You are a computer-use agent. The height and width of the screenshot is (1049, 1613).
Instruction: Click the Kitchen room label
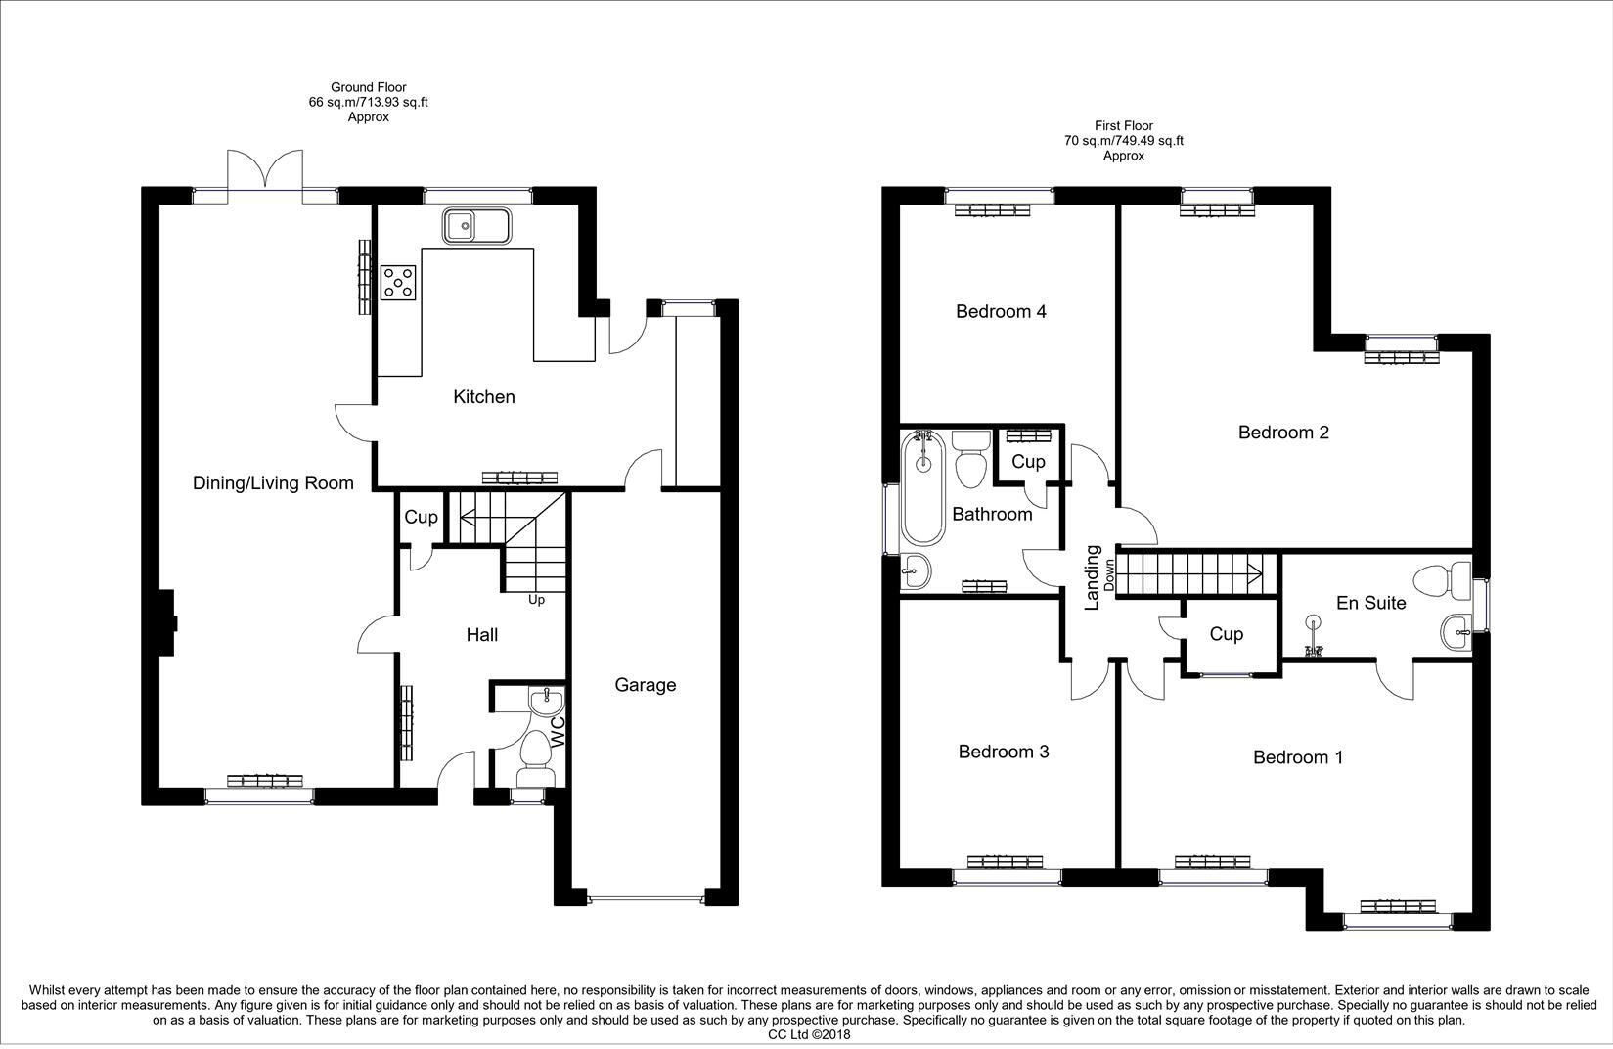click(483, 397)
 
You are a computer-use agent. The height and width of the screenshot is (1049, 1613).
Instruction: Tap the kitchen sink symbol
click(476, 227)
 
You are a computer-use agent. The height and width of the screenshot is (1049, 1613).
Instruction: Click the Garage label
click(645, 685)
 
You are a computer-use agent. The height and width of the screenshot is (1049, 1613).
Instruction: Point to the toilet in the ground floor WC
click(535, 759)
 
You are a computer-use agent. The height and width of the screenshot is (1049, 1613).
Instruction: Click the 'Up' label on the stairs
click(536, 599)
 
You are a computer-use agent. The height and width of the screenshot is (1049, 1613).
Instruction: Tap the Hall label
click(481, 635)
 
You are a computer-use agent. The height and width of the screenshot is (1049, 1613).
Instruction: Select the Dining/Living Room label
click(273, 483)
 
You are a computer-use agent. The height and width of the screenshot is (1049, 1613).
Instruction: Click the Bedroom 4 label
click(1001, 312)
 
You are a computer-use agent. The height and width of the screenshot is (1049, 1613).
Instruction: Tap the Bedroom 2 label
click(1283, 433)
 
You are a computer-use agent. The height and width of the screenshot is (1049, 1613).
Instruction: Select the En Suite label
click(1370, 603)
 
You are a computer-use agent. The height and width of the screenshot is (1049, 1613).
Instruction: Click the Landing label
click(1094, 577)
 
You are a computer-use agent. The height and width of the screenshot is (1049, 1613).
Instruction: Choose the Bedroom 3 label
click(1004, 752)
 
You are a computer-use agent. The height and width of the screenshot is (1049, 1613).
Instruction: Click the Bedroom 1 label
click(1298, 757)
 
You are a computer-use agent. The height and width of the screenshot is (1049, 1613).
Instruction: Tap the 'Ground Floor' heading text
click(368, 87)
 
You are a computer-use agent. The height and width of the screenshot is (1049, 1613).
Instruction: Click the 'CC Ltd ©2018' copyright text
click(809, 1034)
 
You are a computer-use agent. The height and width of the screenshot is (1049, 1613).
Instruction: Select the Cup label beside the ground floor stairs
click(421, 517)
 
